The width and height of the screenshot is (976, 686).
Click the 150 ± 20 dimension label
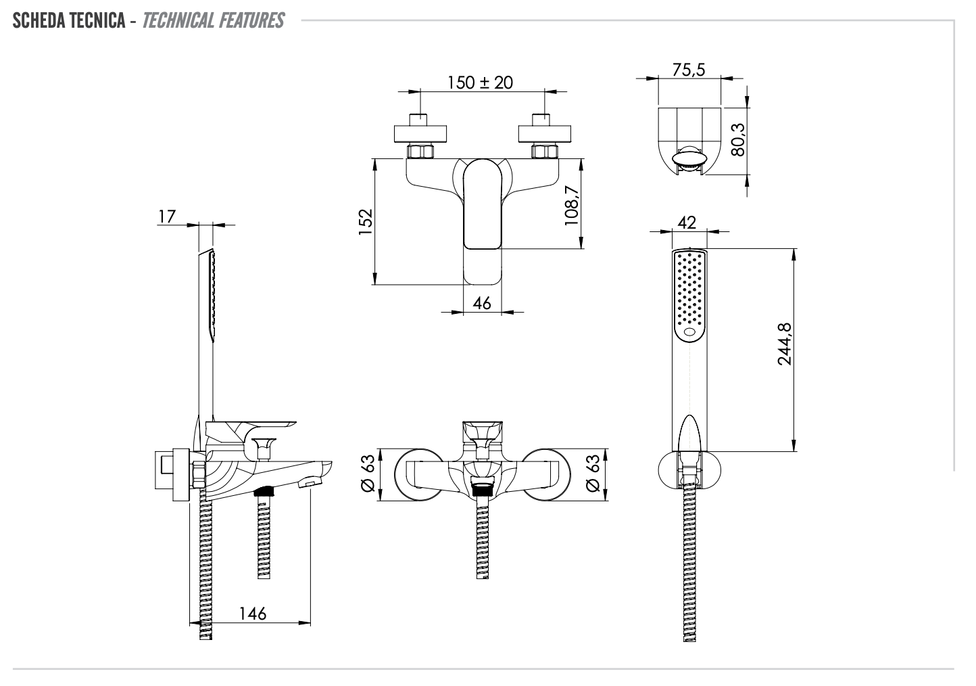480,83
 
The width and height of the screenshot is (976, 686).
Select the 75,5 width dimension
689,70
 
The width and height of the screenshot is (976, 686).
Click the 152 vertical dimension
365,222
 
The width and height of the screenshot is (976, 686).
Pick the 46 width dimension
482,303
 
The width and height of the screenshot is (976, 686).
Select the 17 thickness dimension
166,216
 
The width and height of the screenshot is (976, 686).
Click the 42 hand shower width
687,223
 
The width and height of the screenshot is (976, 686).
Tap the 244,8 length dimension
784,344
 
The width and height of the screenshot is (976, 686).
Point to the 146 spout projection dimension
253,614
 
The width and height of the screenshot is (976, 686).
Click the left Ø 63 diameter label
368,474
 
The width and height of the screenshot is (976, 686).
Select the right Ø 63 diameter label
592,474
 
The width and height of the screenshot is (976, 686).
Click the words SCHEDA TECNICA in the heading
68,21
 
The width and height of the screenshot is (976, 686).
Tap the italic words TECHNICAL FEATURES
214,21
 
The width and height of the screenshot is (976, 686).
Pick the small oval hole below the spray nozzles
689,332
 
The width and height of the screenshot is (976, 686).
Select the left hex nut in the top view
420,152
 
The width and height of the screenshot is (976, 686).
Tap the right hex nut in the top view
545,152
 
